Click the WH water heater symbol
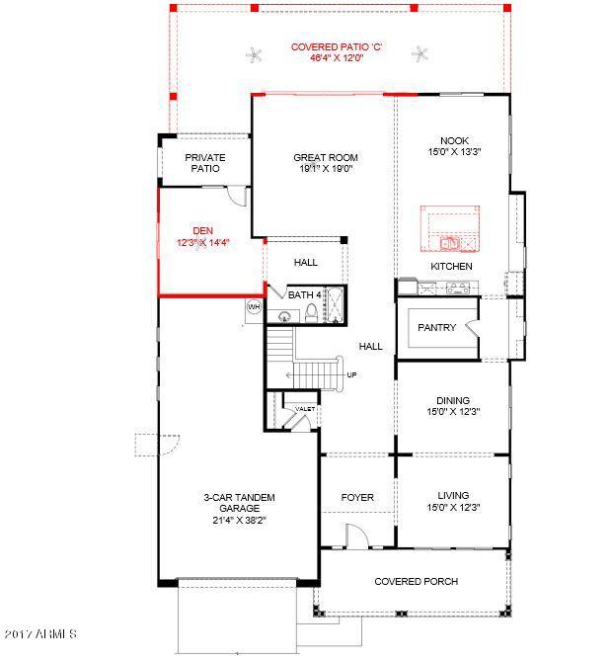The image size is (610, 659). (x=254, y=307)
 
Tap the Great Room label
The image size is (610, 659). (x=326, y=158)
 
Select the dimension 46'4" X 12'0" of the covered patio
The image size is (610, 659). (x=337, y=57)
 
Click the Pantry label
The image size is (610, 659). (x=436, y=327)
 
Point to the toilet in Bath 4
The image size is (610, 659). (x=311, y=313)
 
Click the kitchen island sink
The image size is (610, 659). (x=450, y=243)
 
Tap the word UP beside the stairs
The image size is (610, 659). (x=351, y=374)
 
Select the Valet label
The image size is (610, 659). (x=305, y=408)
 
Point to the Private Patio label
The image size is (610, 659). (x=205, y=163)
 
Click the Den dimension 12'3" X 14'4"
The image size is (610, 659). (x=203, y=242)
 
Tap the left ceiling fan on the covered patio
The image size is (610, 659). (x=254, y=55)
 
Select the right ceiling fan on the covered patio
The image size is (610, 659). (x=419, y=53)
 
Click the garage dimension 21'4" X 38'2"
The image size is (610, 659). (x=239, y=520)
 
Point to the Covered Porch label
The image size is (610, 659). (x=416, y=581)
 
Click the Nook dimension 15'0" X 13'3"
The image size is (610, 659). (x=454, y=152)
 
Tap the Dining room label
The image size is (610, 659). (x=453, y=400)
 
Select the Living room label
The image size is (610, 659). (x=453, y=496)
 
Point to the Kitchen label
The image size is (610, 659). (x=451, y=266)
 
